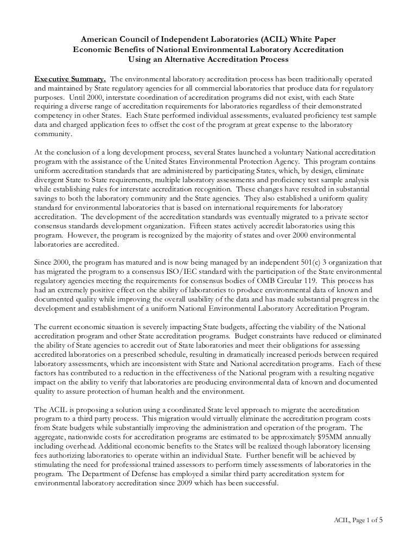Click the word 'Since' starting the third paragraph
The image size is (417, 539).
click(44, 262)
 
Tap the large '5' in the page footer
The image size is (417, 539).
click(381, 519)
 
